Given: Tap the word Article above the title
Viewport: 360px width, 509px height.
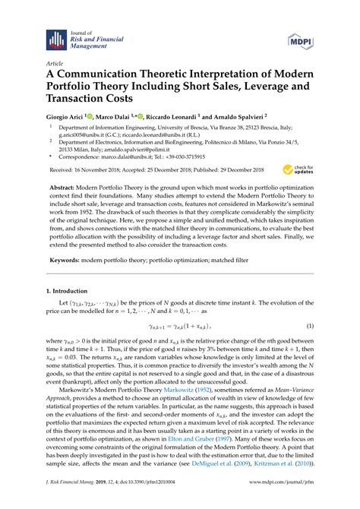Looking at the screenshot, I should tap(55, 65).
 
